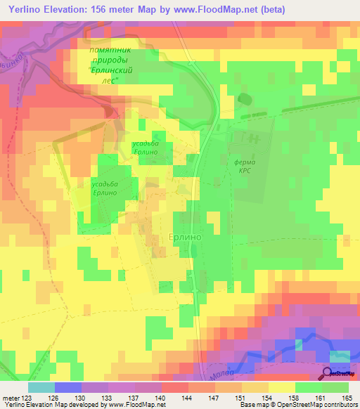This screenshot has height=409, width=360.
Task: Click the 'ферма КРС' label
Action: click(243, 167)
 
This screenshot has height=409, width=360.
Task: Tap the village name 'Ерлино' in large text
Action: click(186, 238)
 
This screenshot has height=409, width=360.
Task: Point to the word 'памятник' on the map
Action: click(110, 51)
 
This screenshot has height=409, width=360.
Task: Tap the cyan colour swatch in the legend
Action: click(41, 387)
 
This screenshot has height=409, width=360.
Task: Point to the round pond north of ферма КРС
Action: click(245, 99)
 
